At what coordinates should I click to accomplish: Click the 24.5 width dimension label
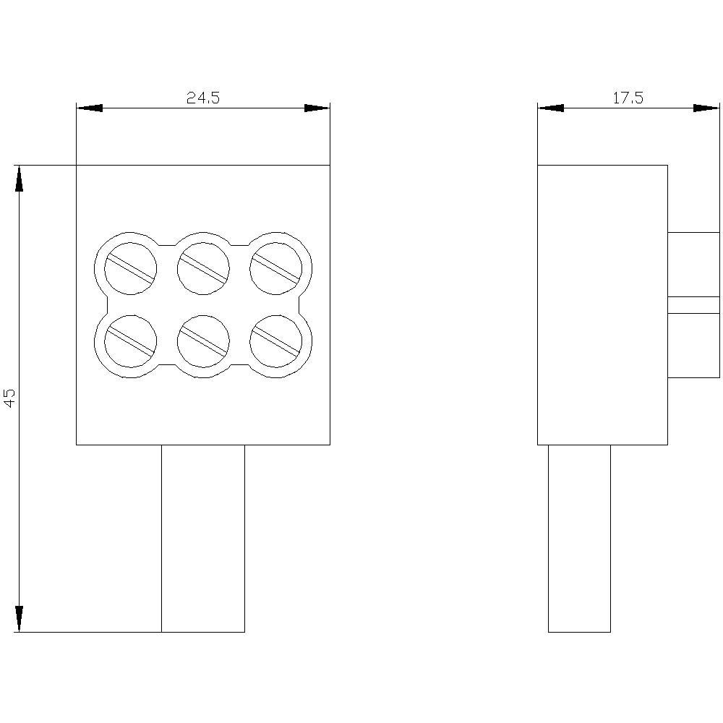point(203,98)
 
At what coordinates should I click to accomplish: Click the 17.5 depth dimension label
point(628,98)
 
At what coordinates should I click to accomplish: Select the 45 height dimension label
point(10,398)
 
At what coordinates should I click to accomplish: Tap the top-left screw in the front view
point(130,268)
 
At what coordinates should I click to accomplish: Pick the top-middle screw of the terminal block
point(203,268)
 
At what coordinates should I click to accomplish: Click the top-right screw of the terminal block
point(275,268)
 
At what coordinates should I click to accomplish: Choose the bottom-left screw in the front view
point(130,341)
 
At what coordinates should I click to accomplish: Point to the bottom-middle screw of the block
point(203,341)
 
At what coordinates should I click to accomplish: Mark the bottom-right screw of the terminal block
point(275,341)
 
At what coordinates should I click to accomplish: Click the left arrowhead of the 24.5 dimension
point(89,108)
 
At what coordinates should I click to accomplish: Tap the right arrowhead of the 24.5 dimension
point(317,108)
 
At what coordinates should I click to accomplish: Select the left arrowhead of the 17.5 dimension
point(550,108)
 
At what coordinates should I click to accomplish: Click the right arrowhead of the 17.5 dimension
point(706,108)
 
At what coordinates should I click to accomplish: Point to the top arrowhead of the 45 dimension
point(19,178)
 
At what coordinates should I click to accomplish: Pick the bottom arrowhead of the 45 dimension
point(19,619)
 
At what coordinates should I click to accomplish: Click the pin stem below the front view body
point(203,539)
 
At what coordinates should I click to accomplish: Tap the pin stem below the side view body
point(579,539)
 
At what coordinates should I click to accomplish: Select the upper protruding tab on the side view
point(693,265)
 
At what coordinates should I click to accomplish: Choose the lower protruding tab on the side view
point(693,346)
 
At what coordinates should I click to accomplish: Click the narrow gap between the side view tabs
point(693,305)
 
